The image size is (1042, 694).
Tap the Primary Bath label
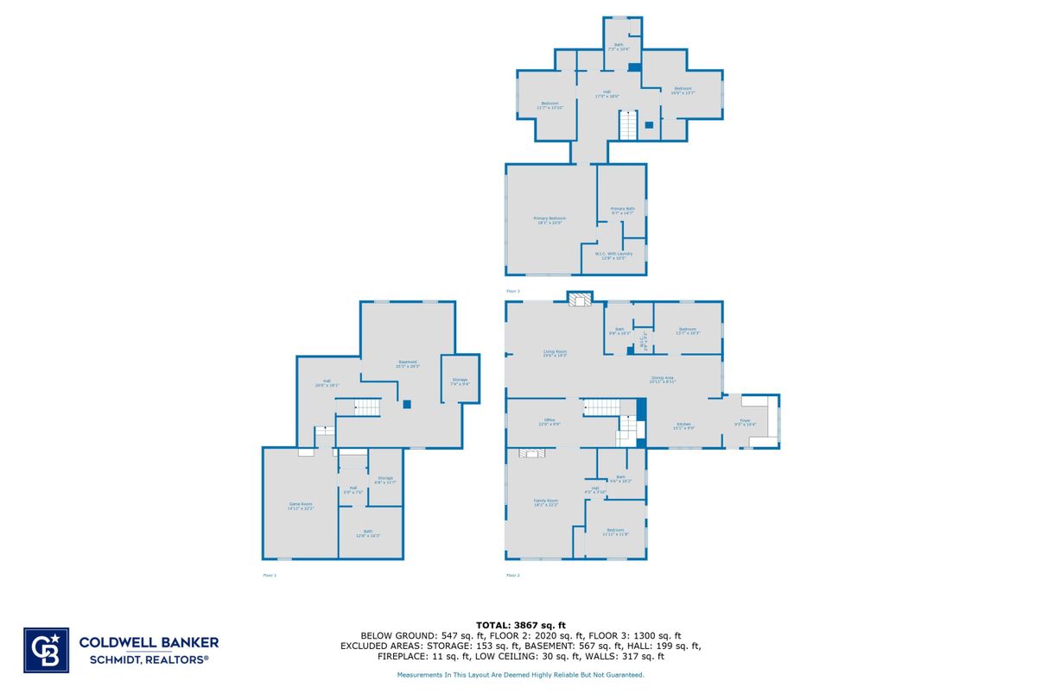click(623, 211)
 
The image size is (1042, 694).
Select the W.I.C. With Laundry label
click(613, 256)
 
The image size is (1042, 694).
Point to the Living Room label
click(555, 353)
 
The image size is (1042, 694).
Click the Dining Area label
click(663, 379)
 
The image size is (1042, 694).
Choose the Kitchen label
click(683, 425)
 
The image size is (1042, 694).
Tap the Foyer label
click(744, 423)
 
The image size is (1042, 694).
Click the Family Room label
click(546, 502)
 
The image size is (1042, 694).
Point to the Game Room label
click(301, 506)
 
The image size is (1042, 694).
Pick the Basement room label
click(408, 363)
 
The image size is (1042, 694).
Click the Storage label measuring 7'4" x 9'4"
click(460, 382)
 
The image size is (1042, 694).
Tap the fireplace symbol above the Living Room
click(580, 299)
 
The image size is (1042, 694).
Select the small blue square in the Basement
click(406, 403)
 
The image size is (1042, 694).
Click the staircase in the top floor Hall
click(627, 126)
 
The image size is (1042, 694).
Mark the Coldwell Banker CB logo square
click(46, 649)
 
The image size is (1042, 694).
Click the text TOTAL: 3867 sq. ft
click(520, 624)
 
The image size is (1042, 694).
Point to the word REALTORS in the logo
click(178, 659)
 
